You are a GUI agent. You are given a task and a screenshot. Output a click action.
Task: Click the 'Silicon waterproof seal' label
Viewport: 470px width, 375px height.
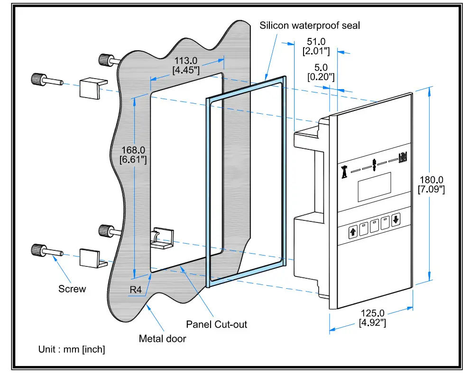pos(310,25)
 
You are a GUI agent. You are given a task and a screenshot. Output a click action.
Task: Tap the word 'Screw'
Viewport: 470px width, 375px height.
pos(72,289)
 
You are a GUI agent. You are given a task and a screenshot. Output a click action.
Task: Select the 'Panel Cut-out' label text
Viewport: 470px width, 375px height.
pos(216,324)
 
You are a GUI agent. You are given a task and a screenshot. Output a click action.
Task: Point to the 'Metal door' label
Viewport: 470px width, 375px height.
pos(162,338)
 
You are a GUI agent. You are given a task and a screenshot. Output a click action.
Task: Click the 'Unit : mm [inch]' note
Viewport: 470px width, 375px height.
pos(72,349)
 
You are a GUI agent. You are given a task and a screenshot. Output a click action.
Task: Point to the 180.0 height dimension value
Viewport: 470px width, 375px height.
pos(431,180)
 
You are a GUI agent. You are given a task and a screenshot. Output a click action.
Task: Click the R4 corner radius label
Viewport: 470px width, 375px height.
pos(135,290)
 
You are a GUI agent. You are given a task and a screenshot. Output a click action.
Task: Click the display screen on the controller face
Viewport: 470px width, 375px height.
pos(374,187)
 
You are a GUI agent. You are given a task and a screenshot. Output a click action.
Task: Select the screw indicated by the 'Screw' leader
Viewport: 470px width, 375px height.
pos(45,250)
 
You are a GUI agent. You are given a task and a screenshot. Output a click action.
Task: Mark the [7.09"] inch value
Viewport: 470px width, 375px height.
pos(431,190)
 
